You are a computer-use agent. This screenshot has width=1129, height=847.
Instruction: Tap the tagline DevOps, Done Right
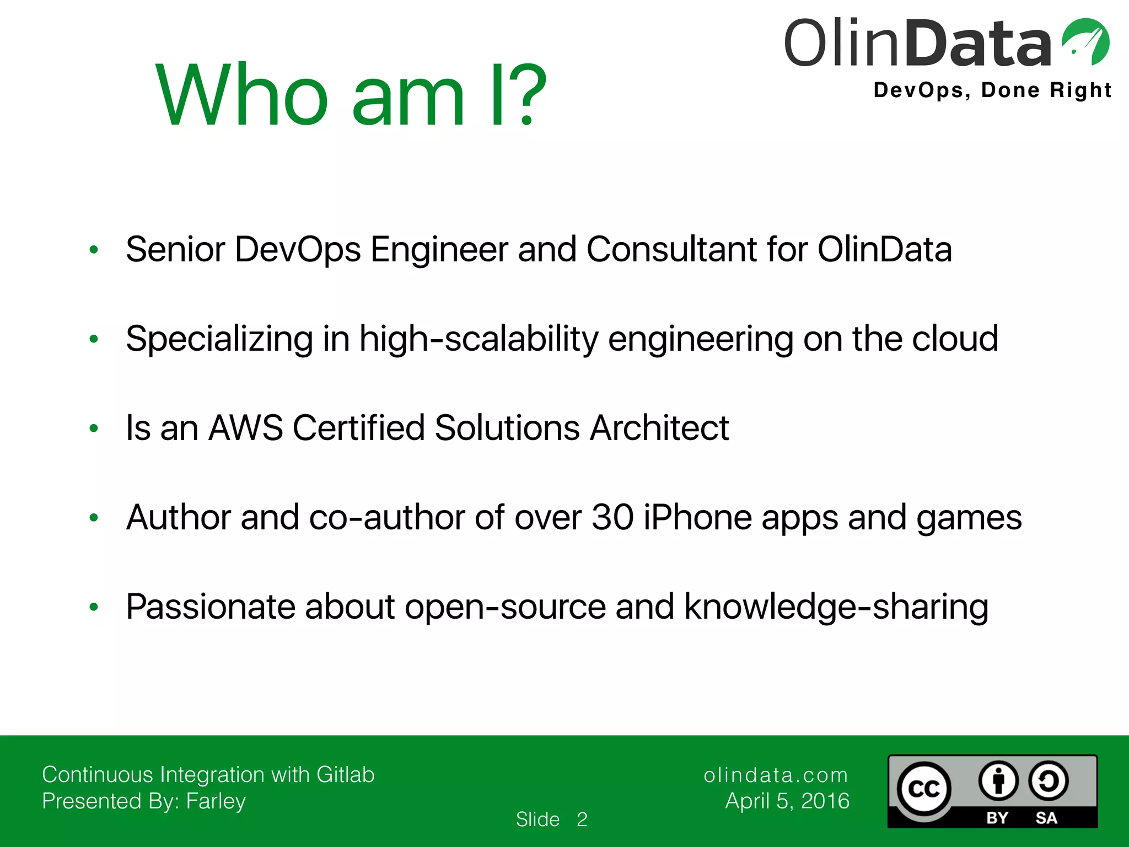992,90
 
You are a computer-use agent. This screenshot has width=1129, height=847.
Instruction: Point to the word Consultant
671,249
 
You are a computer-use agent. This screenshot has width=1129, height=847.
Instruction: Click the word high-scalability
479,339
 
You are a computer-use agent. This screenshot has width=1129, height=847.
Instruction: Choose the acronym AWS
245,428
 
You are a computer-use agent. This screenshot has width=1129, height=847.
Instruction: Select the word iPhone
697,517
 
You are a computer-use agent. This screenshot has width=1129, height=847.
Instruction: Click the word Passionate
211,607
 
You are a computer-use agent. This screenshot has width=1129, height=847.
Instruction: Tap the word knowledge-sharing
836,607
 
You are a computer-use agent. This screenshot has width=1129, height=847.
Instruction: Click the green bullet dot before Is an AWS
94,428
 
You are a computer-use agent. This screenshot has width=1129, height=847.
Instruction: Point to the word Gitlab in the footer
345,775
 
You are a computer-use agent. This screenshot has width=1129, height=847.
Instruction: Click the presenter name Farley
216,801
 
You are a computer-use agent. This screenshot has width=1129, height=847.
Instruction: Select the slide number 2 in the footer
582,819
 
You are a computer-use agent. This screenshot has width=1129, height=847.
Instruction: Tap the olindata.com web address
776,775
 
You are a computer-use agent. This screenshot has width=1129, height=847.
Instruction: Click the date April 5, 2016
787,801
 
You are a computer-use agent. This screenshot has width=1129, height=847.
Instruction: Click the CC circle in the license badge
923,789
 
